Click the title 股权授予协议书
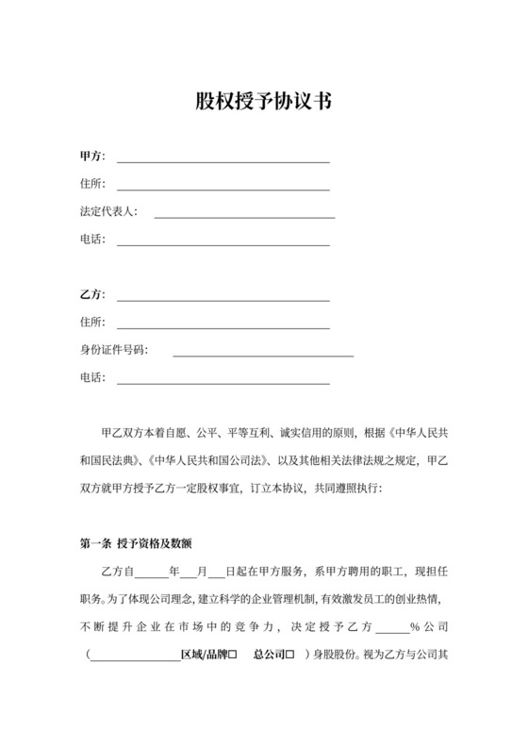pyautogui.click(x=263, y=102)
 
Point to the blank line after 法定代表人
pyautogui.click(x=244, y=217)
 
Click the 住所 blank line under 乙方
pyautogui.click(x=223, y=327)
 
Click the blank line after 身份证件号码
pyautogui.click(x=263, y=356)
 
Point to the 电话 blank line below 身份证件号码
pyautogui.click(x=223, y=383)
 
